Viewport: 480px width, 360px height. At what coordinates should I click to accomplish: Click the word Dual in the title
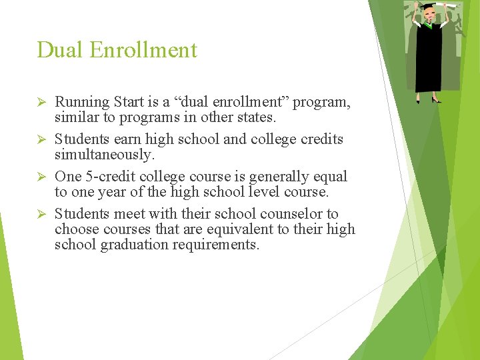[59, 50]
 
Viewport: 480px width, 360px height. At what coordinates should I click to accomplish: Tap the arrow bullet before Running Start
[41, 102]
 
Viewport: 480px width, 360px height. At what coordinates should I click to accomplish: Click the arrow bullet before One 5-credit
[41, 177]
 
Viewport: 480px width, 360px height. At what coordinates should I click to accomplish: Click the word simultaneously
[104, 154]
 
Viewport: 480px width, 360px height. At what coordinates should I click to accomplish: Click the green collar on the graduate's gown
[428, 25]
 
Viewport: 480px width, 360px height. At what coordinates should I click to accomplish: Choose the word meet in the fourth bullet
[129, 214]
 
